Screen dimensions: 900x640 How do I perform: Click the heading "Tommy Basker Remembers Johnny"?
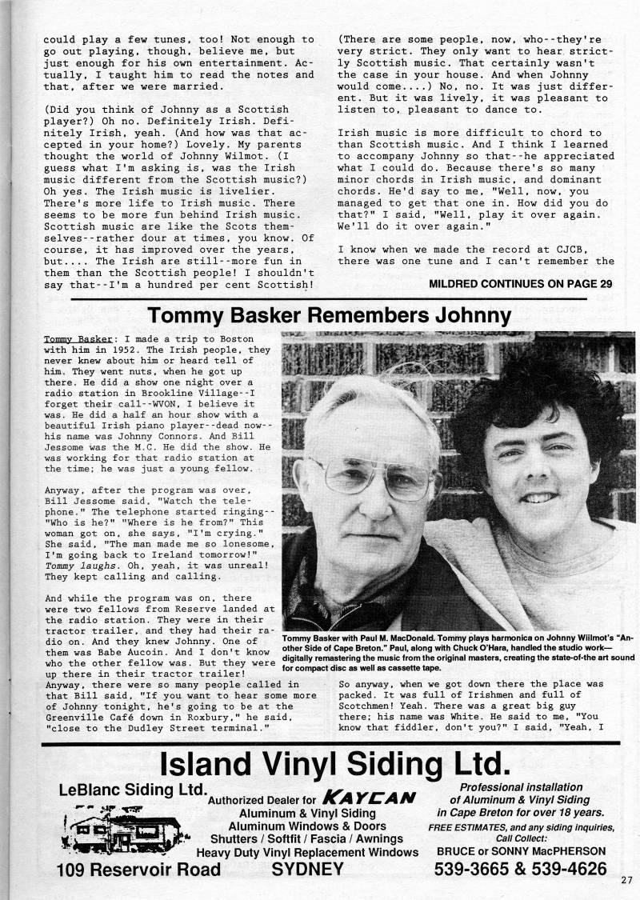pyautogui.click(x=330, y=315)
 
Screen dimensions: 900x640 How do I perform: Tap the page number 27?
pyautogui.click(x=626, y=880)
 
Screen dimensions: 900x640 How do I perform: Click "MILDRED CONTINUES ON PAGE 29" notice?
pyautogui.click(x=520, y=282)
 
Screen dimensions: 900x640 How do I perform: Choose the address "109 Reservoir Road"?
pyautogui.click(x=138, y=870)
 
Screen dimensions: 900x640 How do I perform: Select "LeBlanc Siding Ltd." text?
pyautogui.click(x=132, y=790)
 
